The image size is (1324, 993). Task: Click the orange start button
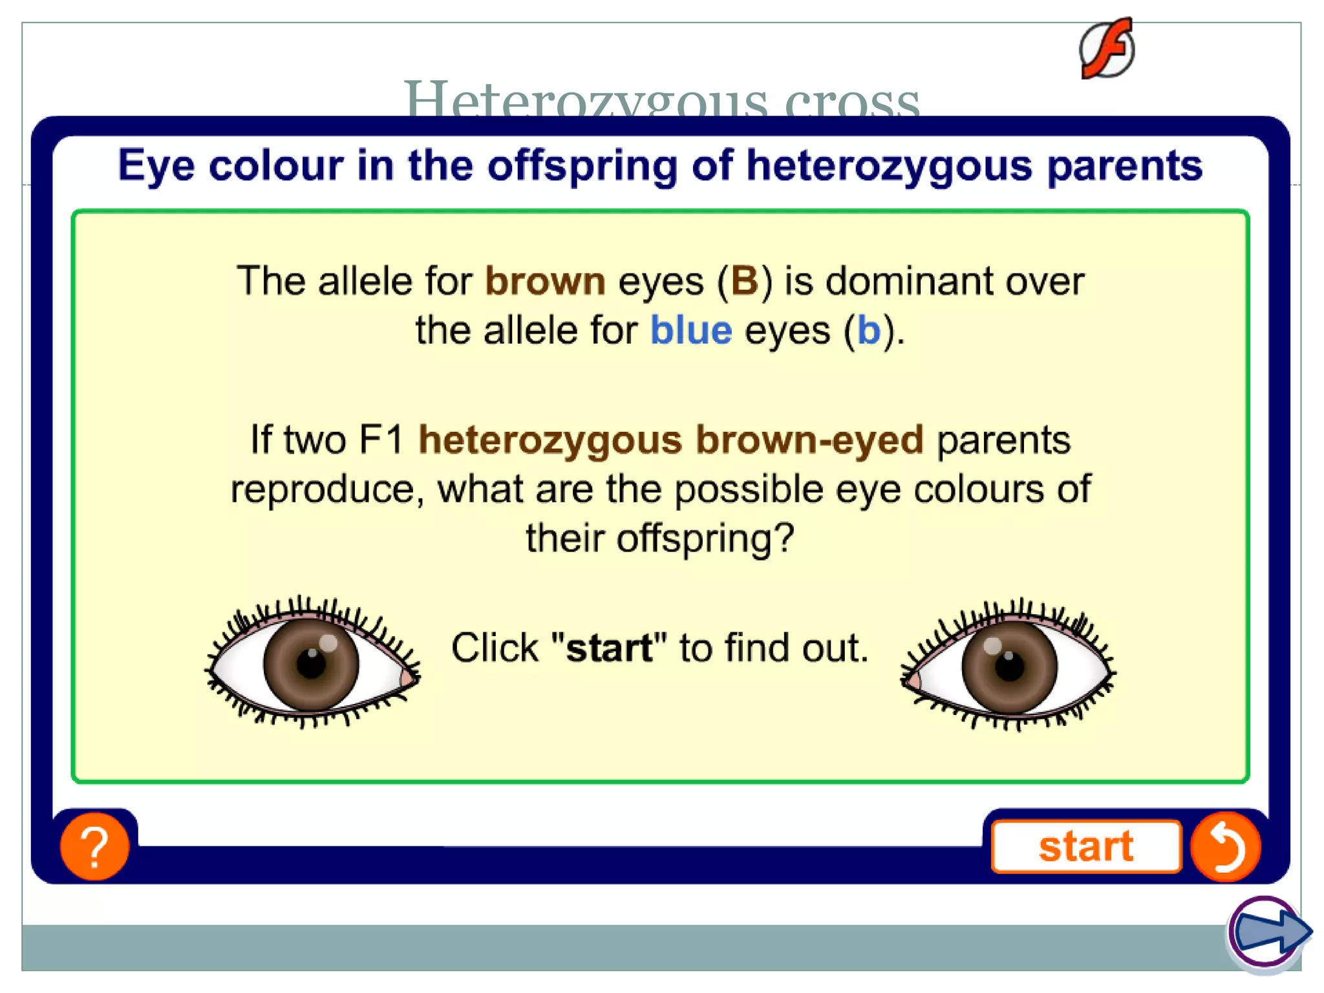click(1085, 846)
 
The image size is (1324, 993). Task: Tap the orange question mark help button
click(94, 846)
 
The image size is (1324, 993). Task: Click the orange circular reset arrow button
click(1226, 846)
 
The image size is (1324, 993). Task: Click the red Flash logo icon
click(1107, 49)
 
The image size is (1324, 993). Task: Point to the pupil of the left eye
click(312, 664)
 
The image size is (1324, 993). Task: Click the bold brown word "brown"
click(545, 281)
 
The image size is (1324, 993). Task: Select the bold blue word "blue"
click(690, 330)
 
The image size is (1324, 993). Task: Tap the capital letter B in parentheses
click(744, 281)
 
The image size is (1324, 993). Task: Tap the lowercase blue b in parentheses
click(869, 330)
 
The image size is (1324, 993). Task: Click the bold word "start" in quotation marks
click(609, 648)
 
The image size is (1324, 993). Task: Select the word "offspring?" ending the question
click(705, 538)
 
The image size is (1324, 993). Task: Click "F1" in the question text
click(381, 440)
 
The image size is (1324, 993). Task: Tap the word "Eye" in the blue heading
click(156, 165)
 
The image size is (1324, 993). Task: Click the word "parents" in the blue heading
click(1124, 165)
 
